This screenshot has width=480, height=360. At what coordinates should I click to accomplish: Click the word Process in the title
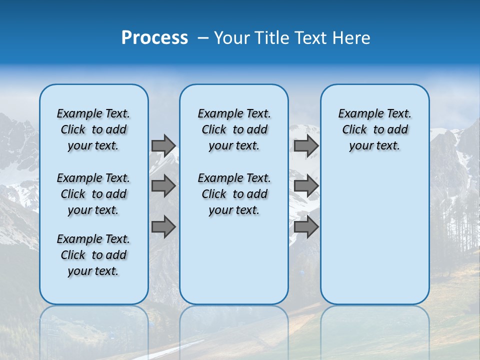click(154, 38)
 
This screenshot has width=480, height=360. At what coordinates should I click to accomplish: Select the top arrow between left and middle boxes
click(163, 145)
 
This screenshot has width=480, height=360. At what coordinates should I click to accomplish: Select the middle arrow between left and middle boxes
click(163, 186)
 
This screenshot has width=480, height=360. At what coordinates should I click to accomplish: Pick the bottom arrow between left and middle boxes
click(163, 227)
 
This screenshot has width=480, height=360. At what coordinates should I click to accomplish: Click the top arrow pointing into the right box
click(306, 145)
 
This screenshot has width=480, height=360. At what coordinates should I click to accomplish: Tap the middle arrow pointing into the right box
click(306, 186)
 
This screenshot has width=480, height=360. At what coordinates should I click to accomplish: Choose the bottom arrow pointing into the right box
click(306, 227)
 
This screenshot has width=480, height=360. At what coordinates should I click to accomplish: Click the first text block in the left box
click(93, 129)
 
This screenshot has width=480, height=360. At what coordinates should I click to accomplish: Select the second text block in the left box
click(93, 194)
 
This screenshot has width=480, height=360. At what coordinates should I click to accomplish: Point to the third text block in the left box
click(93, 255)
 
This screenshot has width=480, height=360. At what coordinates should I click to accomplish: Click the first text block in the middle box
click(234, 129)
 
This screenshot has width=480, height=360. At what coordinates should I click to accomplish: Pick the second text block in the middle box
click(234, 194)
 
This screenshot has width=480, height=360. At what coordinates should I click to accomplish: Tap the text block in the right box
click(375, 129)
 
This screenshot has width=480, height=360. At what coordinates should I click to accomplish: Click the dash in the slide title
click(203, 38)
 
